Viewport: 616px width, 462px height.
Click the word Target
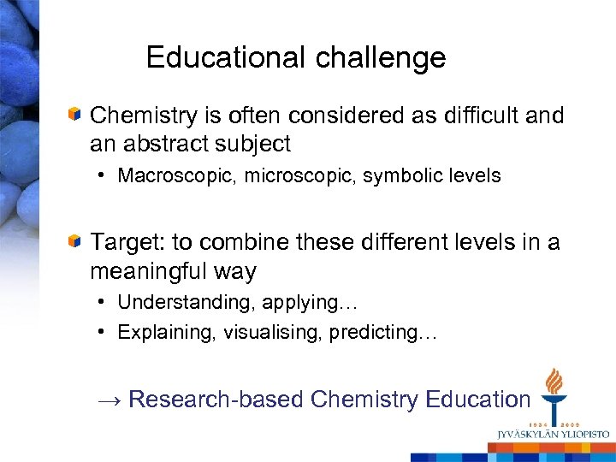[x=125, y=243]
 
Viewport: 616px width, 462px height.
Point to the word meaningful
[x=152, y=272]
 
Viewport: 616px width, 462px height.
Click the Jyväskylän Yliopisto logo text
[x=553, y=434]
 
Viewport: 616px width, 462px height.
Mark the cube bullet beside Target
[x=76, y=242]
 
